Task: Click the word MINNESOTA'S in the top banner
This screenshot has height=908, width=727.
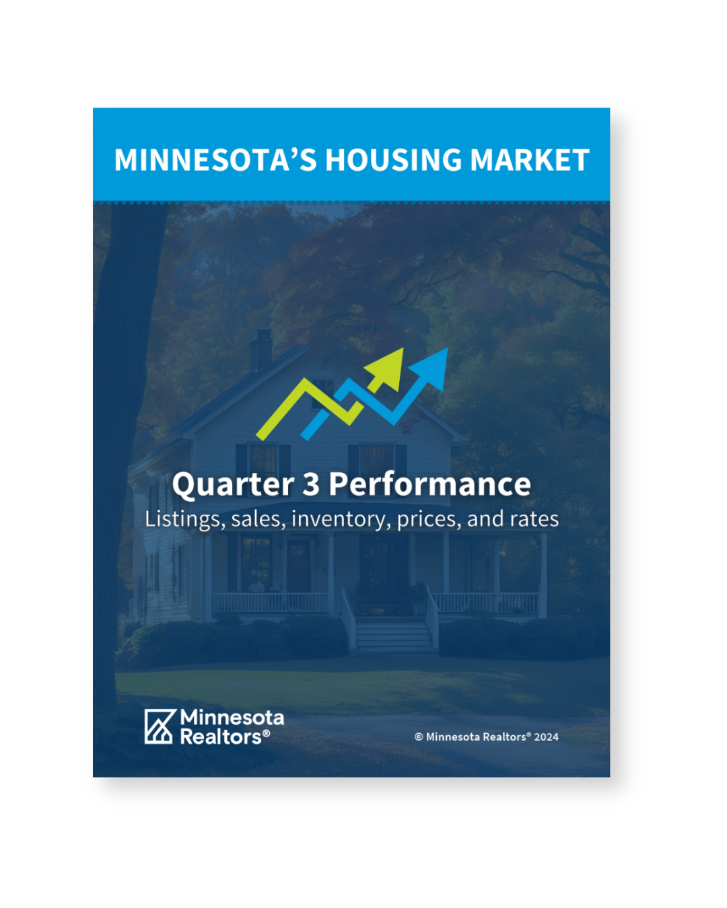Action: [x=215, y=159]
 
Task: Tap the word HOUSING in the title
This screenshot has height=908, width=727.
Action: [x=394, y=159]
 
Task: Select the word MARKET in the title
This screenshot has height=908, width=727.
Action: [x=530, y=159]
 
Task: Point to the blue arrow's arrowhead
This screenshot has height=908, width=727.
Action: [x=431, y=369]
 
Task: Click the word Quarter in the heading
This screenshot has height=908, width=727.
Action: [x=233, y=484]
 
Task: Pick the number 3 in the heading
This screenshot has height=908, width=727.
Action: [x=311, y=484]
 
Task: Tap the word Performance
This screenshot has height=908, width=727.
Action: [x=429, y=484]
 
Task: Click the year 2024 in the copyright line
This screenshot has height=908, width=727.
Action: [x=546, y=737]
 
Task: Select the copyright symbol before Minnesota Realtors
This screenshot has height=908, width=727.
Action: [x=419, y=737]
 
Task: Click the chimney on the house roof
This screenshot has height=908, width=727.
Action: [x=261, y=349]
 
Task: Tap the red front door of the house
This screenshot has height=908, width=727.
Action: [x=299, y=566]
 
